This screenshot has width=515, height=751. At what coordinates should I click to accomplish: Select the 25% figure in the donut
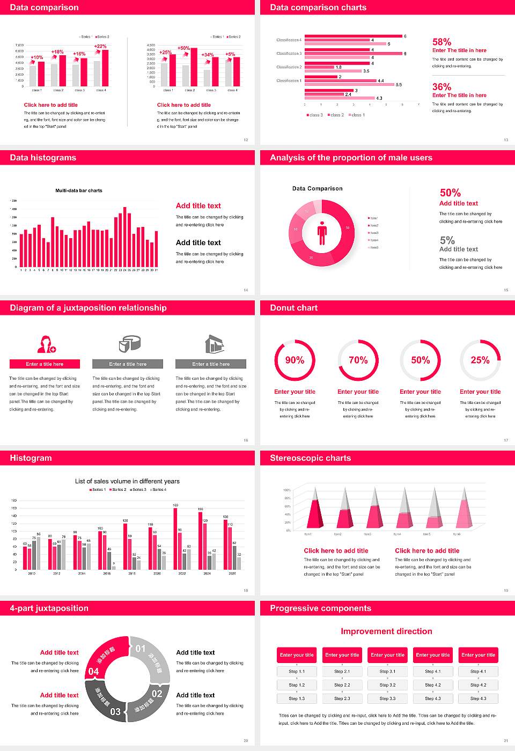[480, 360]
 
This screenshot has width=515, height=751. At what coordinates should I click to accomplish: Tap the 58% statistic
[442, 42]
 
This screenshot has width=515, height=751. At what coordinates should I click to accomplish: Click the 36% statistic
[442, 87]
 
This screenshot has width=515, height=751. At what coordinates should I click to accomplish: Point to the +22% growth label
[100, 46]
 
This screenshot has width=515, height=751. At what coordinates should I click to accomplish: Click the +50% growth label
[183, 48]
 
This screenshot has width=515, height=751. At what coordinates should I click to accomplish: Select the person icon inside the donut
[322, 232]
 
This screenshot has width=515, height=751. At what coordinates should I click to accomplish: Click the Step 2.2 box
[342, 685]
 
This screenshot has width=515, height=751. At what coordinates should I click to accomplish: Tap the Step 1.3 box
[297, 698]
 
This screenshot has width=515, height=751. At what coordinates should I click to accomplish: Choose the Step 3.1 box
[388, 672]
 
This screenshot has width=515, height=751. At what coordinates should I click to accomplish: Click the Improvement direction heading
[386, 631]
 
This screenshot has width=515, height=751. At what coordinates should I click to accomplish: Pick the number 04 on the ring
[93, 672]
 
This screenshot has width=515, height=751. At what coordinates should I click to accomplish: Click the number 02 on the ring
[157, 694]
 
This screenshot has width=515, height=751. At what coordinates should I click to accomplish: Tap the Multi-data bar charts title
[79, 190]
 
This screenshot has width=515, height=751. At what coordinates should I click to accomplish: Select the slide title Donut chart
[293, 308]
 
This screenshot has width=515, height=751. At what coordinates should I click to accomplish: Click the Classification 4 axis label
[289, 40]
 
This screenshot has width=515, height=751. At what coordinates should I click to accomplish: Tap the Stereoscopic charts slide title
[310, 458]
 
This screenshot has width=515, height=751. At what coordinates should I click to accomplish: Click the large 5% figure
[447, 240]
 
